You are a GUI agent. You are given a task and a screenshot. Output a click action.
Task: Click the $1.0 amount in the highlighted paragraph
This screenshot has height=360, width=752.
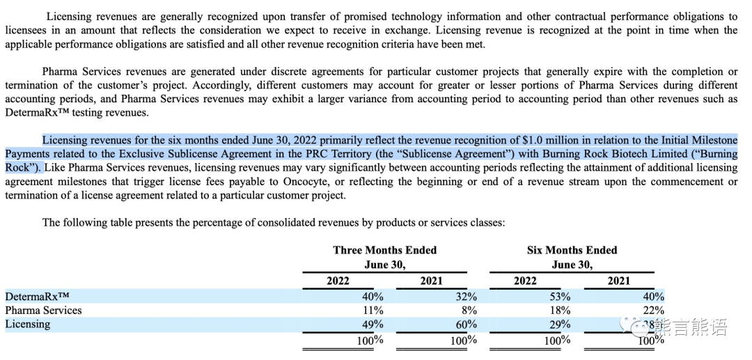point(533,141)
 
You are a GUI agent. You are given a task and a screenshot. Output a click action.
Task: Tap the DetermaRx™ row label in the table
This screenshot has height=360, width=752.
point(38,296)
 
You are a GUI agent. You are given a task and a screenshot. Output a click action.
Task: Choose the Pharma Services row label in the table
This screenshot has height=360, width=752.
point(43,310)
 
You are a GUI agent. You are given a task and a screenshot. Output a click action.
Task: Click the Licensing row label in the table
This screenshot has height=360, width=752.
point(27,324)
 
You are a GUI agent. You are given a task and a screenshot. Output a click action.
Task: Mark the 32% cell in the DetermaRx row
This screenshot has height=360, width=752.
point(466,296)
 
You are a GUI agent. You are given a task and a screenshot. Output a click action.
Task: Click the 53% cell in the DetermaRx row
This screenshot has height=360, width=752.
point(560,296)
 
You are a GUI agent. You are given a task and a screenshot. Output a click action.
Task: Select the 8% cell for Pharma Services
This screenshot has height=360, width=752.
point(469,310)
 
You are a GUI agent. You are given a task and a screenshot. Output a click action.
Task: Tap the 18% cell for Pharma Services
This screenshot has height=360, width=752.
point(560,310)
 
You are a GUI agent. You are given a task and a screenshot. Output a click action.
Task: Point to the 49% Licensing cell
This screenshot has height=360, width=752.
point(373,324)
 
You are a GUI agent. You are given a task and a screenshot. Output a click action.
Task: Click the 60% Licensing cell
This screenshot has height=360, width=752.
point(466,324)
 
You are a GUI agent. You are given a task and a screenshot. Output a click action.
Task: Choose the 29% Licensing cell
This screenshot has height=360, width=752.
point(560,324)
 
